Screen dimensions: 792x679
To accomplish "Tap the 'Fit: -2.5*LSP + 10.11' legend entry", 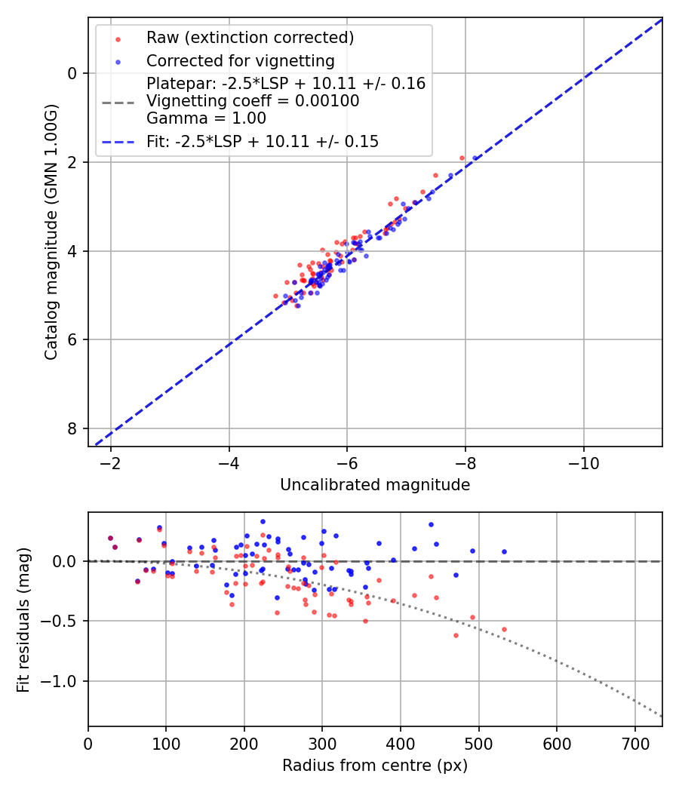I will (x=263, y=141).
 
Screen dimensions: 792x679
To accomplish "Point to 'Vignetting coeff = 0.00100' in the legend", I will (x=253, y=101).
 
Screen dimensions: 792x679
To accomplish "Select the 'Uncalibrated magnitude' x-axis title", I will (x=375, y=485).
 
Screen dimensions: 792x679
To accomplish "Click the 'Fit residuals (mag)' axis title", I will (x=23, y=619).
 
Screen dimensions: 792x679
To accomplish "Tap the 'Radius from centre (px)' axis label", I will (x=375, y=766).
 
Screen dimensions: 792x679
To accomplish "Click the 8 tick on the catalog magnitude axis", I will (x=72, y=428).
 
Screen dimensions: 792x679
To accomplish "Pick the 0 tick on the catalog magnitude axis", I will (x=72, y=73).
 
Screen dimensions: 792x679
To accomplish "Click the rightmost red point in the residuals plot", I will (x=504, y=629).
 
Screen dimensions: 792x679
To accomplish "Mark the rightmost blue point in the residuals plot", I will (x=504, y=551).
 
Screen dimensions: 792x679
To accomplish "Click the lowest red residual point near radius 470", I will (x=456, y=635).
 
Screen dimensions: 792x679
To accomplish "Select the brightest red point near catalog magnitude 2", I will (x=462, y=158).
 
